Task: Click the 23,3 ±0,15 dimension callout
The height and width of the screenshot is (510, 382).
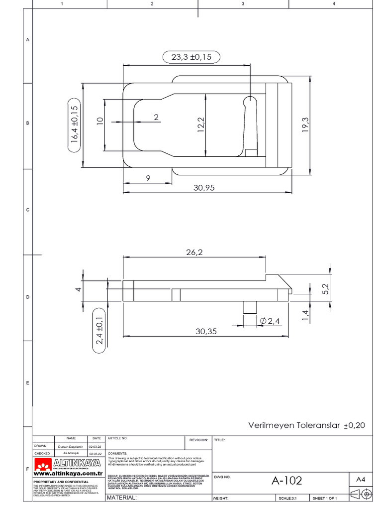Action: [x=191, y=57]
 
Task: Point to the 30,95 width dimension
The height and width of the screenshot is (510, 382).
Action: [x=204, y=188]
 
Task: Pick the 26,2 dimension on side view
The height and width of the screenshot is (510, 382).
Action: [x=194, y=253]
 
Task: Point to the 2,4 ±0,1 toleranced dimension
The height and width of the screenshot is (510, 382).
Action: [x=99, y=330]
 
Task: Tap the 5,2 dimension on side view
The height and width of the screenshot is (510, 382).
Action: [x=325, y=289]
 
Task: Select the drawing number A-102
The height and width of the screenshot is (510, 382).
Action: [x=286, y=481]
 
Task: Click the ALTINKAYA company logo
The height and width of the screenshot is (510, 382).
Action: [x=68, y=465]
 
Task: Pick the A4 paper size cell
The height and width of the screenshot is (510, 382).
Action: [x=361, y=479]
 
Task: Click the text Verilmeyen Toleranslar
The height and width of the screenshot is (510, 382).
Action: [x=293, y=425]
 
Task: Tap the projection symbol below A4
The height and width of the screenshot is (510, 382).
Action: [x=361, y=495]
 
